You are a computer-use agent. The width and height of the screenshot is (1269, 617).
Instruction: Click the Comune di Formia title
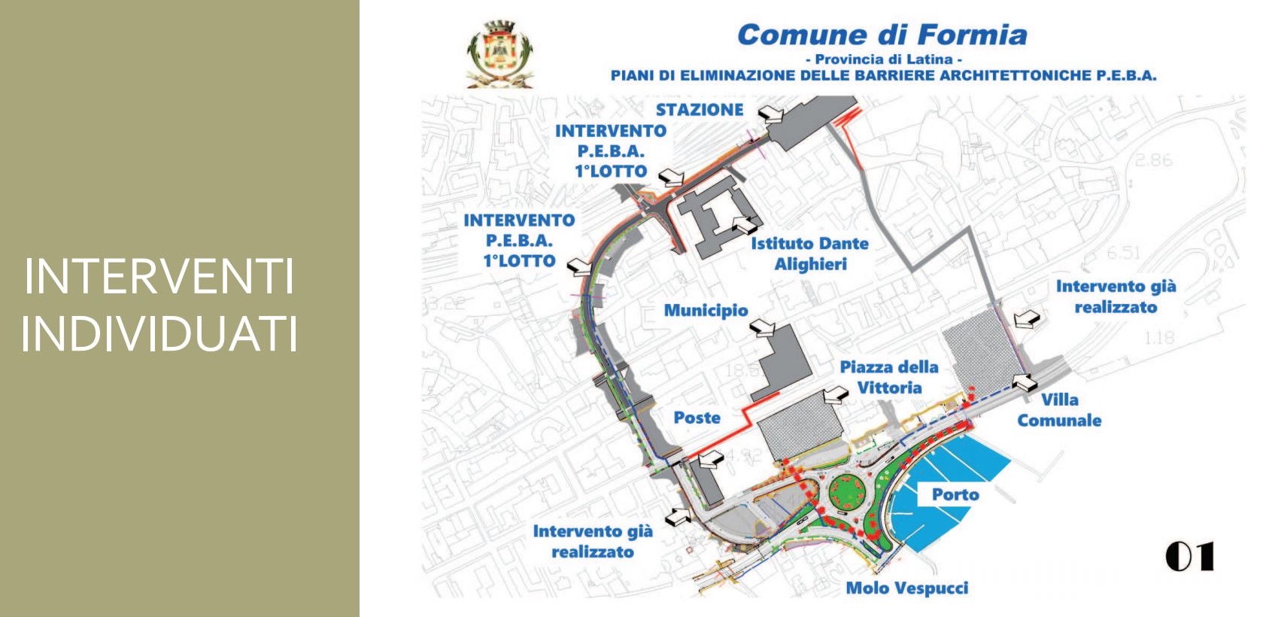[x=882, y=35]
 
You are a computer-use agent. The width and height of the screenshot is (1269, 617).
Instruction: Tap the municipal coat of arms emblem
[x=499, y=54]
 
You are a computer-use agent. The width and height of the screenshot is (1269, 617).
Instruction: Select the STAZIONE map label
[x=699, y=110]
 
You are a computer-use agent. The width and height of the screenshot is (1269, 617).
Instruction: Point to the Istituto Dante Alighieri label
[x=810, y=254]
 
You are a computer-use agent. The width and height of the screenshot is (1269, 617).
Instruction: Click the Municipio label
[x=706, y=310]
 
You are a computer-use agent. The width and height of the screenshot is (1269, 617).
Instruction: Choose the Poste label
[x=697, y=418]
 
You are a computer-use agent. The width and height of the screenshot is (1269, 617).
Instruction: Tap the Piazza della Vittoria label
[x=889, y=377]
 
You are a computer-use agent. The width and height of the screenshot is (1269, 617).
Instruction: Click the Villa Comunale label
[x=1059, y=410]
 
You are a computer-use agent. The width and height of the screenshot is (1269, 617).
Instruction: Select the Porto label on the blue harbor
[x=955, y=494]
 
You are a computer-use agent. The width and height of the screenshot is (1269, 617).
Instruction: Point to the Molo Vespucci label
[x=907, y=588]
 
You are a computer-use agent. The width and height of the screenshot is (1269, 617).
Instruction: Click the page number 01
[x=1189, y=558]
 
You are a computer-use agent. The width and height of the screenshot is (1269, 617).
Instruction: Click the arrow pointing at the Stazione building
[x=771, y=114]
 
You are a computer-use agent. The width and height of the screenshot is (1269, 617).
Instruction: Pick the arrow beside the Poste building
[x=711, y=458]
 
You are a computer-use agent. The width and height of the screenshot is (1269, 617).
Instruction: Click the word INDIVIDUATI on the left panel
[x=159, y=334]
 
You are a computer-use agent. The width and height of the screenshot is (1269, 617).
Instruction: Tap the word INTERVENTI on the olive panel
[x=159, y=277]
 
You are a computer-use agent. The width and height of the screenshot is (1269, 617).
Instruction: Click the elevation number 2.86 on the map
[x=1153, y=160]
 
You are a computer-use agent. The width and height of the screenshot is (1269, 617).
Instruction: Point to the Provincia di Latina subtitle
[x=883, y=59]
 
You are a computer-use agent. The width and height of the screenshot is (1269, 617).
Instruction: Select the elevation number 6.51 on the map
[x=1123, y=253]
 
